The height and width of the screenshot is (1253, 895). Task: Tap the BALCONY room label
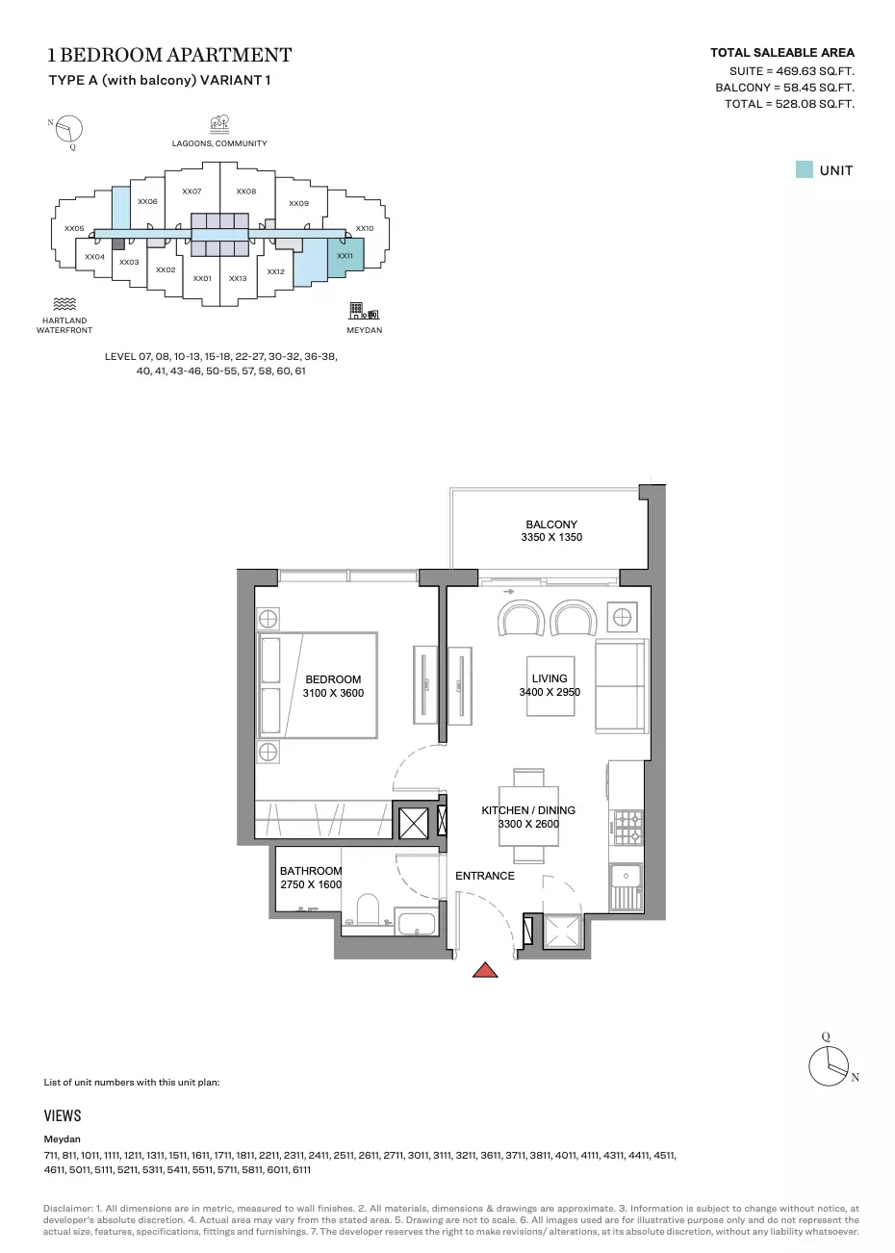pos(551,524)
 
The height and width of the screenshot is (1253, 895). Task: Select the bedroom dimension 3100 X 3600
pos(333,693)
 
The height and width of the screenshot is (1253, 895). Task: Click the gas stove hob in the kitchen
pos(628,827)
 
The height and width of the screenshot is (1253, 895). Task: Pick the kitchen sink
pos(626,886)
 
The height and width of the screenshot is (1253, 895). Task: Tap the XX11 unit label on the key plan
pos(345,256)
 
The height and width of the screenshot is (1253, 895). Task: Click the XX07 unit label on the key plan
pos(192,192)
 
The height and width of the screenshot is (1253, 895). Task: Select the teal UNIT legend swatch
pos(804,169)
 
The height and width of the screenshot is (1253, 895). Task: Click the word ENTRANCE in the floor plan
pos(484,876)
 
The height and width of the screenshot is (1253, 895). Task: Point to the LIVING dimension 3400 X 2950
pos(550,691)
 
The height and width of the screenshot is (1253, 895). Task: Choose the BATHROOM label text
pos(311,871)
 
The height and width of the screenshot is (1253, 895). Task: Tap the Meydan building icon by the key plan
pos(364,311)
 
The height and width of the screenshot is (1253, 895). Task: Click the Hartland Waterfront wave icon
pos(64,304)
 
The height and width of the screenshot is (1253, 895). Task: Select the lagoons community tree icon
pos(219,125)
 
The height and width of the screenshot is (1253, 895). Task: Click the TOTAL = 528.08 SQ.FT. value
pos(789,104)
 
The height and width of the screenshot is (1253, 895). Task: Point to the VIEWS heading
pos(63,1115)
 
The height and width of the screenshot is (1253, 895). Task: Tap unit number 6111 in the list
pos(301,1169)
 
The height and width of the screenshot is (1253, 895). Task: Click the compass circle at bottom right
pos(829,1066)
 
